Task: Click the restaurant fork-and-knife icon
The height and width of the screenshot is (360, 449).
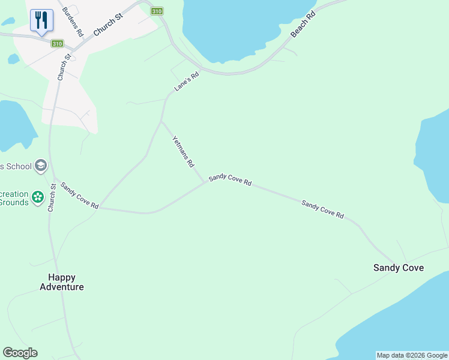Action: point(41,20)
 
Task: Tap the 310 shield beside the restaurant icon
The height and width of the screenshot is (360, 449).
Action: point(57,44)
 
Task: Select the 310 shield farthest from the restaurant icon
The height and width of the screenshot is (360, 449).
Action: point(156,11)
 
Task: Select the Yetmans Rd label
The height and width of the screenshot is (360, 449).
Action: point(183,151)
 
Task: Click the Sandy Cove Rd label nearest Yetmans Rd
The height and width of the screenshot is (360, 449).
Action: point(230,180)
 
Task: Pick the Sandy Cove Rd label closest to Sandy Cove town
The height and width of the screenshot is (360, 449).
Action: point(322,209)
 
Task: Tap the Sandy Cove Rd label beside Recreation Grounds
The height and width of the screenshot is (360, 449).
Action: point(79,196)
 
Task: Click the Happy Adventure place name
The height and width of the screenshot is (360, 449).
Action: point(62,282)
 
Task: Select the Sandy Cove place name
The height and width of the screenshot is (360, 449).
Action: point(399,268)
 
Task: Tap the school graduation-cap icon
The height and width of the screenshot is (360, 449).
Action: point(41,166)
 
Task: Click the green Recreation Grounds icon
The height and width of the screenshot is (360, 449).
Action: point(38,197)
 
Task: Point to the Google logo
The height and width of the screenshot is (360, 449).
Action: point(20,353)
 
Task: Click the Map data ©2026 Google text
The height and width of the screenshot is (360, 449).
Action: point(412,355)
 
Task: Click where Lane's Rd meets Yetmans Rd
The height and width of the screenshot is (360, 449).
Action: point(161,122)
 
